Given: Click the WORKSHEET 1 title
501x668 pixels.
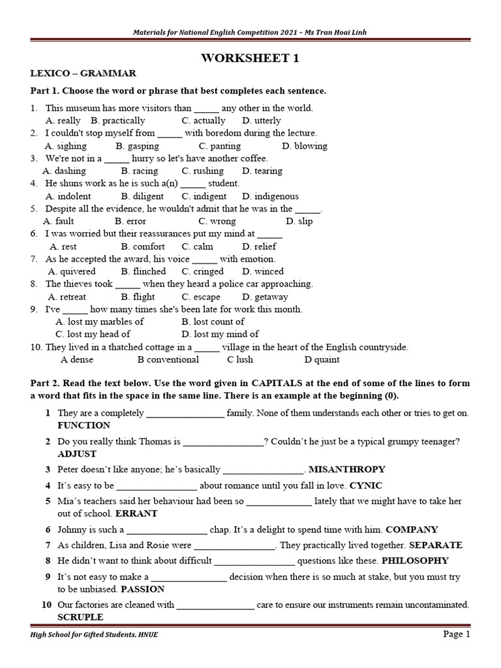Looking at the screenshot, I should coord(250,58).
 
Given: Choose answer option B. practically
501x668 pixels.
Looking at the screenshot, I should coord(118,121).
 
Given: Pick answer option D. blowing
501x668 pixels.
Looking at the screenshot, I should coord(305,146).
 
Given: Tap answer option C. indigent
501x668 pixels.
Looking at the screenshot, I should coord(204,196).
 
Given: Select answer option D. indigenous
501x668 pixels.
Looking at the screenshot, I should coord(270,196).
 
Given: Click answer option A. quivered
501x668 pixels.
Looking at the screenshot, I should coord(72,271).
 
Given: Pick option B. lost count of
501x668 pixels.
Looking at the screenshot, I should coord(213,322).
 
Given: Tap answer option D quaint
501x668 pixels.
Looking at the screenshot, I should coord(322,359).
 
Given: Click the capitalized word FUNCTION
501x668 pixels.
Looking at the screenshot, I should coord(84,425).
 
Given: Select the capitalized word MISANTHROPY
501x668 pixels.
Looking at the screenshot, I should coord(346,469).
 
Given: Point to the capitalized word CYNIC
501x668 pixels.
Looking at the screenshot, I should coord(366,485).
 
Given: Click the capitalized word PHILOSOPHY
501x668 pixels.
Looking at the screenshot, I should coord(415,560).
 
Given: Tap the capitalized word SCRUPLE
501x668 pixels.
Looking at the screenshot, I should coord(80,616).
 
